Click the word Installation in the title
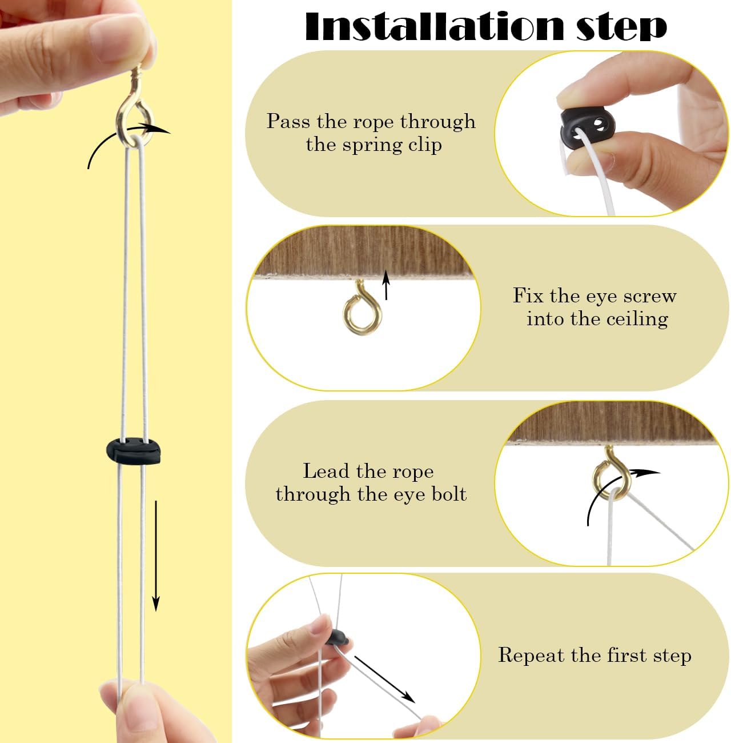(x=435, y=26)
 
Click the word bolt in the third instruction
(x=449, y=494)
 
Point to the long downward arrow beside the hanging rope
(x=156, y=556)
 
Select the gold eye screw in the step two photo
(x=362, y=309)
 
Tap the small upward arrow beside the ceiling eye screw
(x=385, y=285)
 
